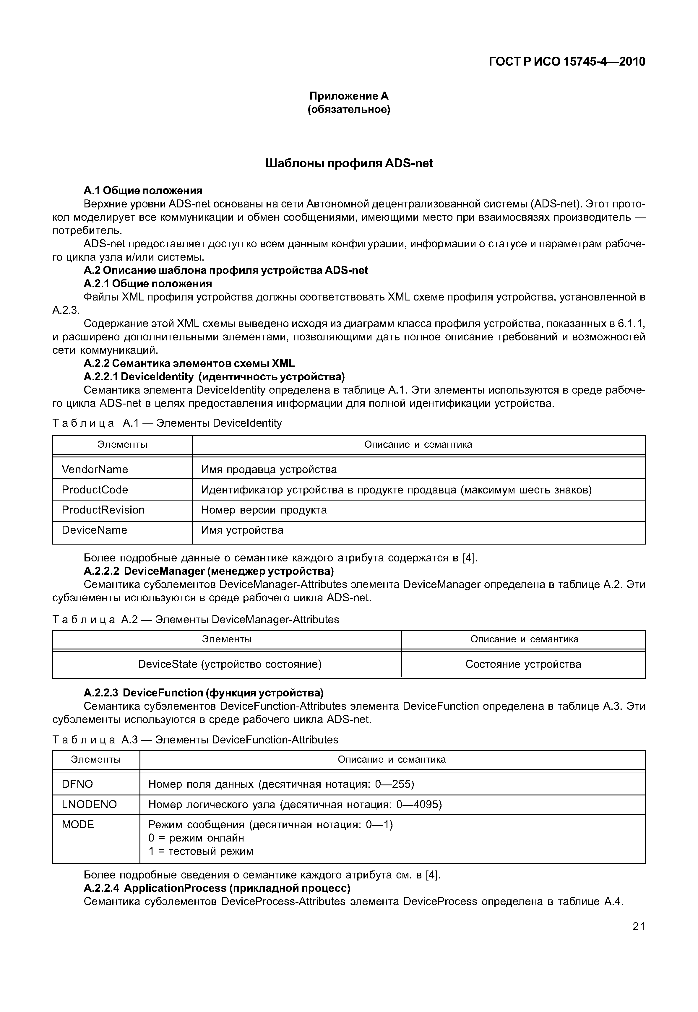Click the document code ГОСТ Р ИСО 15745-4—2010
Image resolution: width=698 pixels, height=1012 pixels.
(566, 62)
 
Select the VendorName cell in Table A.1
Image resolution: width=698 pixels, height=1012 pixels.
(95, 469)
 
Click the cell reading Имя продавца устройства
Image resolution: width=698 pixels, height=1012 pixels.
(269, 469)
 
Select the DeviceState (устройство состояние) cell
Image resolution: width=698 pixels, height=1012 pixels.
(230, 664)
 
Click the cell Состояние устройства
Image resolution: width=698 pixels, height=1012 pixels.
(523, 664)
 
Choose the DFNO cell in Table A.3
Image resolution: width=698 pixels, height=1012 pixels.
(77, 784)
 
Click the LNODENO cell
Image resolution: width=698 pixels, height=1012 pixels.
(89, 804)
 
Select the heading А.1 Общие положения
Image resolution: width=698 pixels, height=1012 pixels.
(143, 190)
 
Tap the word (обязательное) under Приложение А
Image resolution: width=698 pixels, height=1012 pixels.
(349, 109)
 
